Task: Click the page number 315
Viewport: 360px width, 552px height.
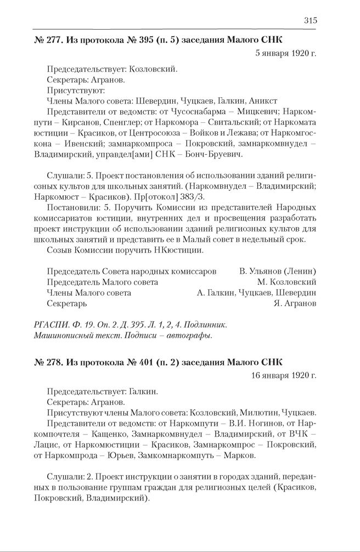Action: (x=310, y=21)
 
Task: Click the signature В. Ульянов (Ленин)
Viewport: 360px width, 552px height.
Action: (x=278, y=271)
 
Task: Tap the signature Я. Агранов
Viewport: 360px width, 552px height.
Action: (x=295, y=303)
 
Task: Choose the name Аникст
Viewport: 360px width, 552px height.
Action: (x=262, y=101)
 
